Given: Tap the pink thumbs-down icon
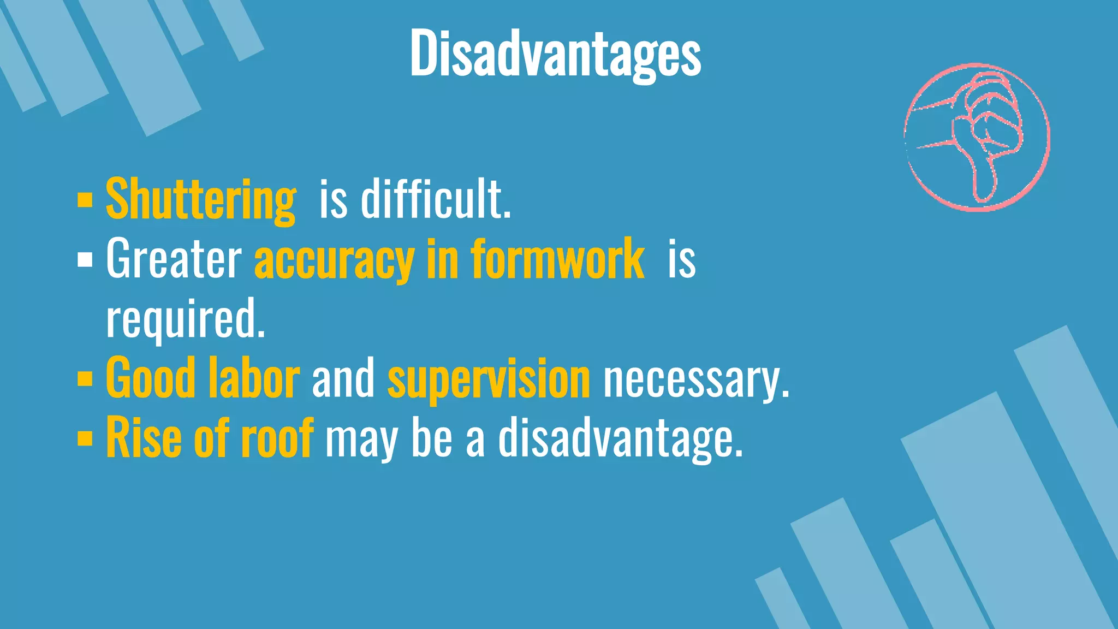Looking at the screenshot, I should tap(977, 137).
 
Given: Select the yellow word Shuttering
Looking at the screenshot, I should tap(200, 200).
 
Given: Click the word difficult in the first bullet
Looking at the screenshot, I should tap(436, 199).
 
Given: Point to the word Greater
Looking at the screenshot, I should tap(174, 259).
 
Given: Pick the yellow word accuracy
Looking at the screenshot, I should tap(334, 260).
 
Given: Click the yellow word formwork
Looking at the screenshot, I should tap(557, 259).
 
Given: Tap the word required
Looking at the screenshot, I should tap(186, 319).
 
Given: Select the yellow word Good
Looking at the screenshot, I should tap(150, 378).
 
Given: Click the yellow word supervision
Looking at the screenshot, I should tap(489, 379).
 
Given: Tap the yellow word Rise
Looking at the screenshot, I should tap(143, 438).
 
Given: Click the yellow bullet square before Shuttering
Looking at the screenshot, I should tap(85, 200).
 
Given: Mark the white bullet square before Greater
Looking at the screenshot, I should tap(85, 260).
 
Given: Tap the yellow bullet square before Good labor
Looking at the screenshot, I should tap(85, 378).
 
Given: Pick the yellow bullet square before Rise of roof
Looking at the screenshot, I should tap(85, 438).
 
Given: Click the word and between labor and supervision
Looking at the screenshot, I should tap(343, 378).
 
